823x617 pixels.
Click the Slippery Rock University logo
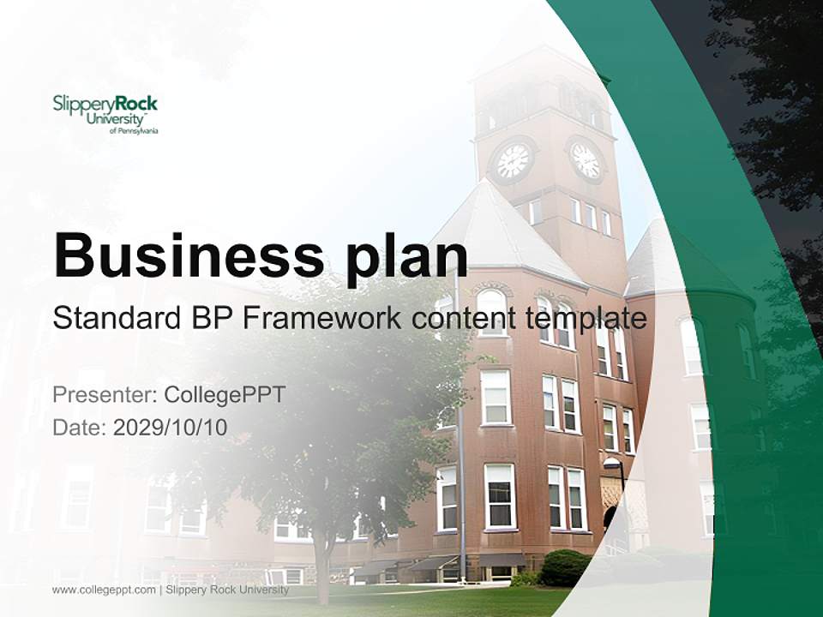105,114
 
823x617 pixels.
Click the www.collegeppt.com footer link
104,590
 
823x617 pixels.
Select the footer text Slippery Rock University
227,590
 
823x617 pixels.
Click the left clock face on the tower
514,160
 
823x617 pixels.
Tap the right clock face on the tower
586,159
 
